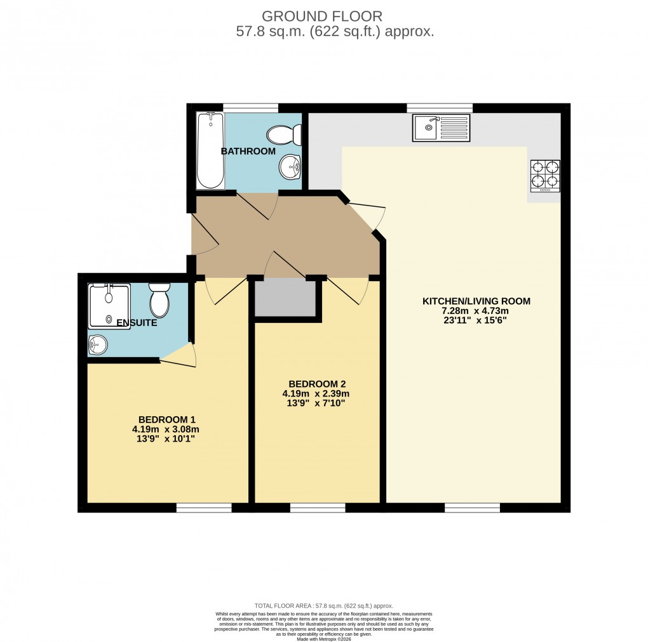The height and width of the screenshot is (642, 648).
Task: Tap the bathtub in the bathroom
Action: pyautogui.click(x=210, y=150)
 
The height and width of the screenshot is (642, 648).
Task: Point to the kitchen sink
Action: pyautogui.click(x=441, y=128)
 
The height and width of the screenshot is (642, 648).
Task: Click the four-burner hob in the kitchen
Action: pyautogui.click(x=546, y=176)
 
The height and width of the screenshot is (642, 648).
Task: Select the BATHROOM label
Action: pyautogui.click(x=248, y=151)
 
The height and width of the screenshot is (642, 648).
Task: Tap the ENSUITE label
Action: pyautogui.click(x=137, y=323)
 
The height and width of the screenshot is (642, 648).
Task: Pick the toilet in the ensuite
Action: pyautogui.click(x=159, y=299)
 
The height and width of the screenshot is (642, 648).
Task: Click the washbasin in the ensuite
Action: pyautogui.click(x=98, y=344)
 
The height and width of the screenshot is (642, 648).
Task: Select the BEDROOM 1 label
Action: pyautogui.click(x=167, y=419)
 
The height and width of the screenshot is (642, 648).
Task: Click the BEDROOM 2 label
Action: pyautogui.click(x=316, y=384)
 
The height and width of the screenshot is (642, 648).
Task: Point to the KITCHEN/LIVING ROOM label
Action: pyautogui.click(x=476, y=301)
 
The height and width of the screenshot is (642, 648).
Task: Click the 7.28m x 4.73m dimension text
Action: pyautogui.click(x=476, y=311)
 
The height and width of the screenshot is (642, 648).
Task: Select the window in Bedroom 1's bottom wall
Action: pyautogui.click(x=204, y=508)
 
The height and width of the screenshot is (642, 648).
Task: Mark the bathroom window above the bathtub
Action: pyautogui.click(x=250, y=107)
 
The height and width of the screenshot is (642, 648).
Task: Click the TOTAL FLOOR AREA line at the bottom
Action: pyautogui.click(x=323, y=606)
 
